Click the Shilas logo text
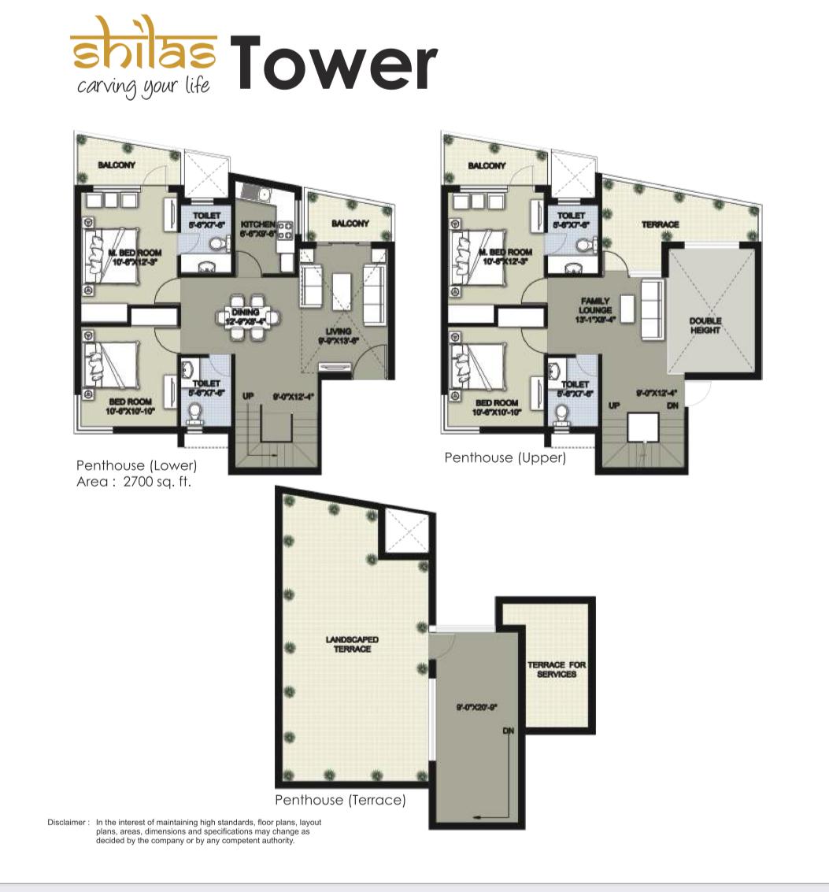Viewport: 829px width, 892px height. (x=143, y=52)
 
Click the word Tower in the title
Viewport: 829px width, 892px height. (x=333, y=63)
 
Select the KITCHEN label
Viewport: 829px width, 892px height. (x=257, y=224)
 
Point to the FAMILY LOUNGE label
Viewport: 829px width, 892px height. (x=595, y=305)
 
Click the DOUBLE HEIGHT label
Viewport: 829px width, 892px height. (x=705, y=325)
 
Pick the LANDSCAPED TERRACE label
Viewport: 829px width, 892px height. (x=352, y=644)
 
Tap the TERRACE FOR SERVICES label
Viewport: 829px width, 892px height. (x=557, y=669)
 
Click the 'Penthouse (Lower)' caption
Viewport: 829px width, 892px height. (x=136, y=465)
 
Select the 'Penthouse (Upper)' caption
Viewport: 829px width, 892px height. (x=505, y=457)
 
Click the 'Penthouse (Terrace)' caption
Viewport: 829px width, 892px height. (x=340, y=800)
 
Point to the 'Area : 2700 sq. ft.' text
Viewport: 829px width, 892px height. (x=133, y=481)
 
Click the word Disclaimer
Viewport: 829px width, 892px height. (x=67, y=822)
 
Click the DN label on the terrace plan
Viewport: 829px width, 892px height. (x=508, y=731)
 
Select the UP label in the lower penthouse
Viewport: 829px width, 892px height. (x=248, y=396)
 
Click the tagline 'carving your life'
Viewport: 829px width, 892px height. (x=143, y=85)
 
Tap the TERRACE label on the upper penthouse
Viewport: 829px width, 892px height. (x=660, y=224)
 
